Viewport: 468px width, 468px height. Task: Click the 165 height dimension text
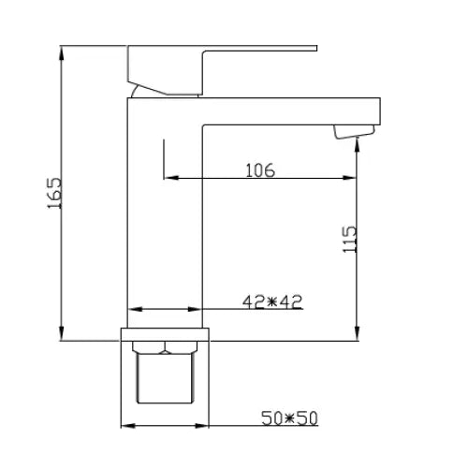(53, 193)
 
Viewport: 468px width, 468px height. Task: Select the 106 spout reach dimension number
(259, 169)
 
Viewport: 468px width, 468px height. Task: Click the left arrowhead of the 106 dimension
(168, 180)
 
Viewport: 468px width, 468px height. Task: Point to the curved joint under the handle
(139, 92)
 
